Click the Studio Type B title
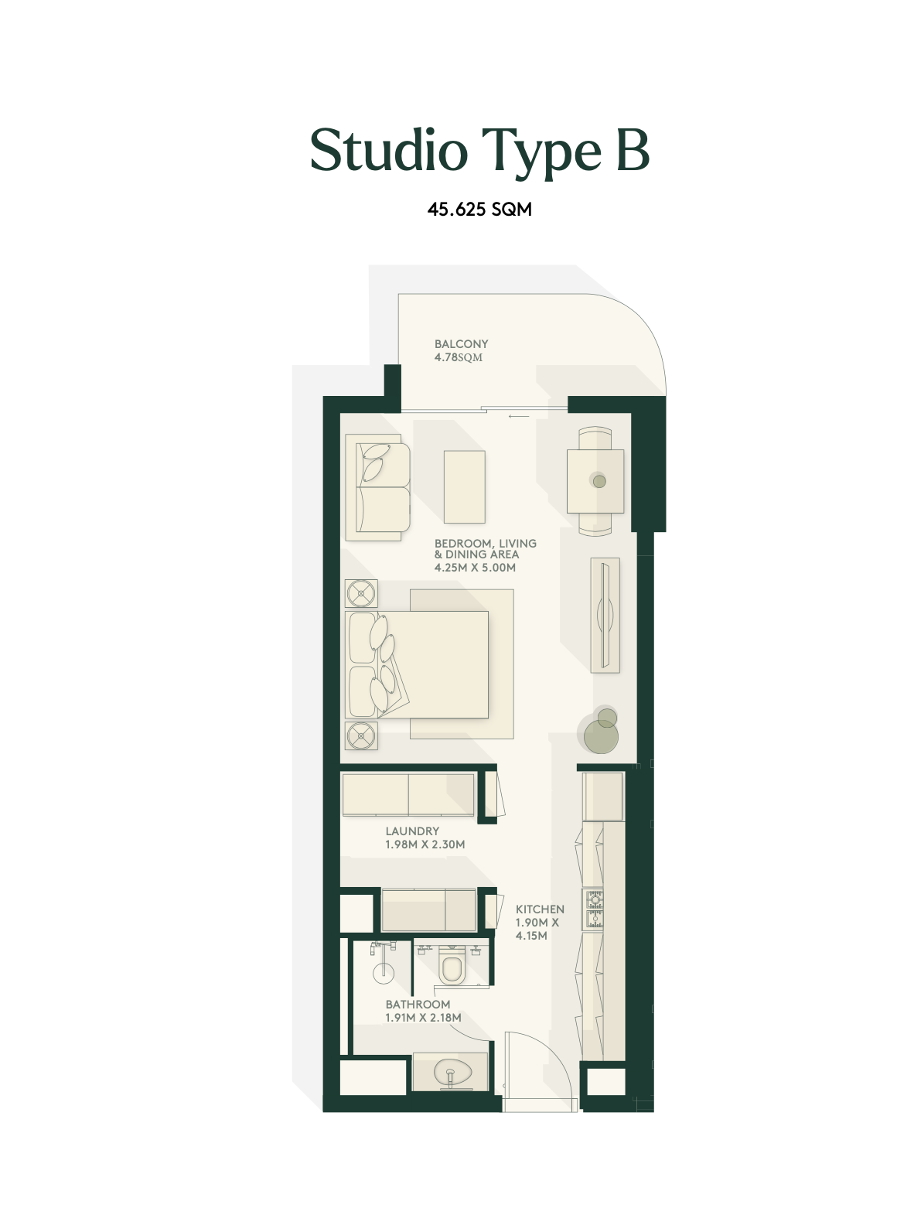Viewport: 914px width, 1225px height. (x=479, y=152)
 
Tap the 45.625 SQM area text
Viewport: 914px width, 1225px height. (x=479, y=210)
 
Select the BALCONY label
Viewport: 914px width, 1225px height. (x=461, y=344)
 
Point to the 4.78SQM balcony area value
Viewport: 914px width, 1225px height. (x=458, y=357)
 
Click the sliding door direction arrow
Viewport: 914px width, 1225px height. (x=518, y=416)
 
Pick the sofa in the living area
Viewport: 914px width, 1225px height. (x=378, y=487)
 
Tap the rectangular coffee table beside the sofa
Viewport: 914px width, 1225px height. (x=464, y=486)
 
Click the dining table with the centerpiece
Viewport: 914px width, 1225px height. (x=595, y=481)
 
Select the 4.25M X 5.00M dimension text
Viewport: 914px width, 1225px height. (x=475, y=568)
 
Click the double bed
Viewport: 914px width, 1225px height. (x=417, y=664)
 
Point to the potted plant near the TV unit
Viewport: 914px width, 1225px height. (x=601, y=731)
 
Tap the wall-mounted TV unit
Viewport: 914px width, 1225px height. (x=605, y=615)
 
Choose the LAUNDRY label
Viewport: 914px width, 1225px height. (x=412, y=831)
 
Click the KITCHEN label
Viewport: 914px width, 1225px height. (x=540, y=909)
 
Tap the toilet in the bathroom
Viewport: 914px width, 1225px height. (x=451, y=965)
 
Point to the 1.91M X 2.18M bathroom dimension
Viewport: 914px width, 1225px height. (x=423, y=1018)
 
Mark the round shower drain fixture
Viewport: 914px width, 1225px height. (x=384, y=974)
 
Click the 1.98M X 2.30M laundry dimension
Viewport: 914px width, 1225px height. (x=425, y=845)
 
